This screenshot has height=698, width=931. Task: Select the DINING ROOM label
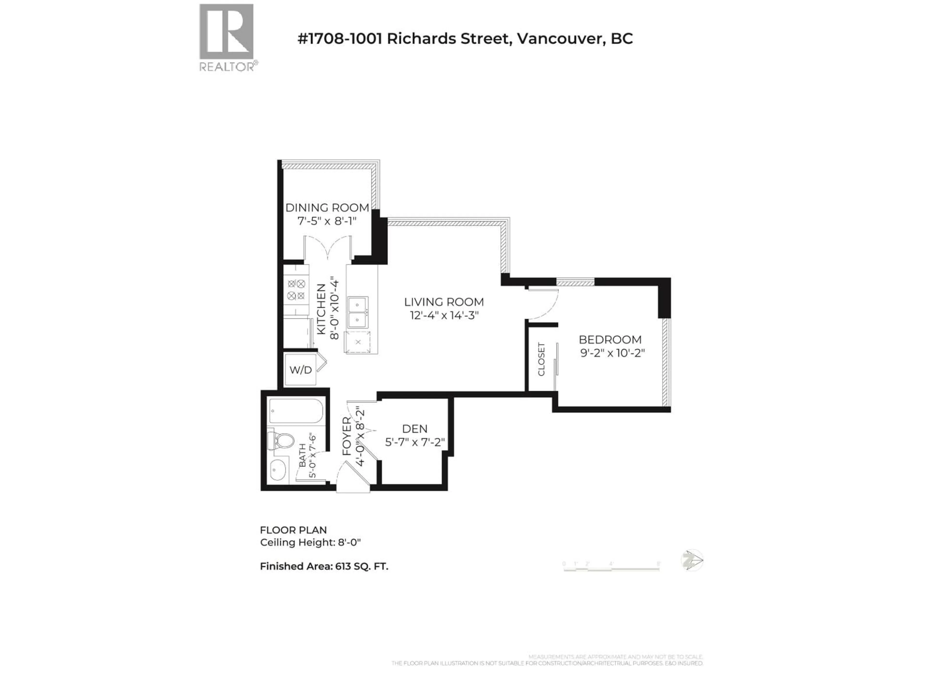tap(327, 207)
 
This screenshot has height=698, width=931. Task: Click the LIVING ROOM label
tap(444, 302)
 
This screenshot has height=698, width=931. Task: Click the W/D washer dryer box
tap(300, 370)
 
